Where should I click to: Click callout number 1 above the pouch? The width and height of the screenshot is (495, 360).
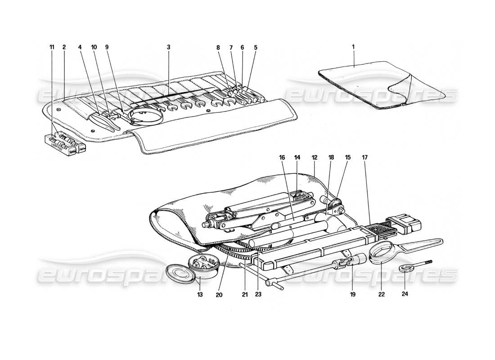pyautogui.click(x=353, y=47)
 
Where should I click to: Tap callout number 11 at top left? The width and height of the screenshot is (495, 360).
pyautogui.click(x=52, y=47)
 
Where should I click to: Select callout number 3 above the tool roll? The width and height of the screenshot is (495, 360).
pyautogui.click(x=168, y=47)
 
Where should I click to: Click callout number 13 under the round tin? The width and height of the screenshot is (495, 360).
pyautogui.click(x=200, y=295)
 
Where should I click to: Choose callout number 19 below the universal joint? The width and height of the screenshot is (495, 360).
pyautogui.click(x=352, y=295)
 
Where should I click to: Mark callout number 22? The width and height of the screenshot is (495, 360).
pyautogui.click(x=382, y=295)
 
